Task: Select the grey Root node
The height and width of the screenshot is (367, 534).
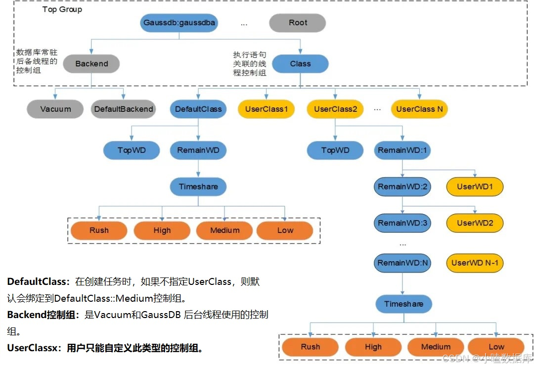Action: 298,23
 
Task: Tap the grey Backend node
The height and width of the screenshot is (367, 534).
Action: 91,64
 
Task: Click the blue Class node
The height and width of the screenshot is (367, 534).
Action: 300,64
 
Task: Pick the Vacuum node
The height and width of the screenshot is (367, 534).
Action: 55,109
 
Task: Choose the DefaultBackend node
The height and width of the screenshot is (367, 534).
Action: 123,109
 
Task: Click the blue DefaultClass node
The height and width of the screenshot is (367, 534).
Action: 198,109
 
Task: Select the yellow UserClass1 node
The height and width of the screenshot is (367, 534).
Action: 266,109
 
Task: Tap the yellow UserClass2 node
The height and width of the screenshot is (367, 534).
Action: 335,109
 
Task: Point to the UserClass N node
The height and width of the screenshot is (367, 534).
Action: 419,109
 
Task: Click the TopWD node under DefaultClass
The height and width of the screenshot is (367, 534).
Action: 132,150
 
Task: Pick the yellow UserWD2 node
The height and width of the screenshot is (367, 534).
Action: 475,223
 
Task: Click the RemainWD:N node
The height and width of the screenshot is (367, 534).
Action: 402,263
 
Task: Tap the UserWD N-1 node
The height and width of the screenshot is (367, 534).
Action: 475,263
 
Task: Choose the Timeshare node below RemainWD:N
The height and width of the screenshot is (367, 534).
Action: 403,304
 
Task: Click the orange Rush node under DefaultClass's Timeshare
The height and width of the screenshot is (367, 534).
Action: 99,230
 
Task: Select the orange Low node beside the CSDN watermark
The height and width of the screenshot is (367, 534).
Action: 496,347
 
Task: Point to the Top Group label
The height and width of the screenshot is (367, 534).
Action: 62,9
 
